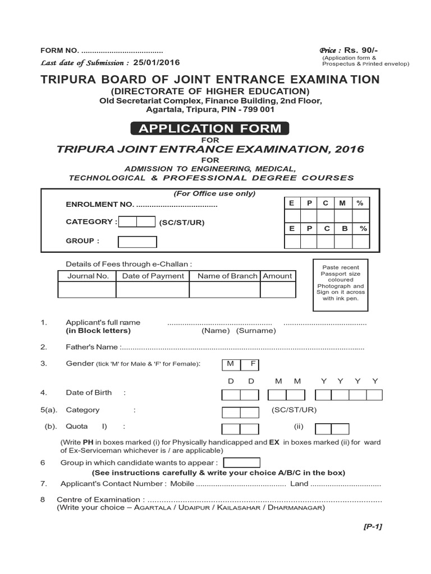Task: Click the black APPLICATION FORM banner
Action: (x=210, y=128)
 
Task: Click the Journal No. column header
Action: (x=88, y=276)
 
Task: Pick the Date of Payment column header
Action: (x=153, y=276)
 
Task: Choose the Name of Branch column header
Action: (x=227, y=276)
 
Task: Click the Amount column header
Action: (x=277, y=276)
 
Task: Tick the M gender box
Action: (x=231, y=364)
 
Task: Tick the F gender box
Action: (x=253, y=364)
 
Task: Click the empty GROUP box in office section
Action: (x=137, y=242)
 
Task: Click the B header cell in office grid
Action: (x=343, y=229)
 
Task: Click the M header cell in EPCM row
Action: (x=343, y=203)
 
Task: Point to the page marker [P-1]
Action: (x=373, y=526)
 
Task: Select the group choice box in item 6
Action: (x=242, y=462)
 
